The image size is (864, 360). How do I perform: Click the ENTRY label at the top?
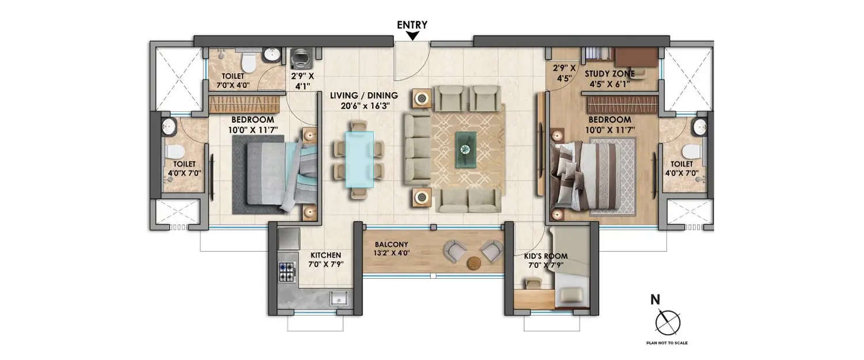click(x=412, y=24)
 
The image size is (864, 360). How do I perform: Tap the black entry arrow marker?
click(x=412, y=36)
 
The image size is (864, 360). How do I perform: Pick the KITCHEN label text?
click(x=326, y=255)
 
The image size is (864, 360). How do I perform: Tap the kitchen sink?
click(x=338, y=298)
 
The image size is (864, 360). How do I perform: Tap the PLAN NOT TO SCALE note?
click(x=668, y=343)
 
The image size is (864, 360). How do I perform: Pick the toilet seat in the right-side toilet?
click(x=689, y=151)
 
